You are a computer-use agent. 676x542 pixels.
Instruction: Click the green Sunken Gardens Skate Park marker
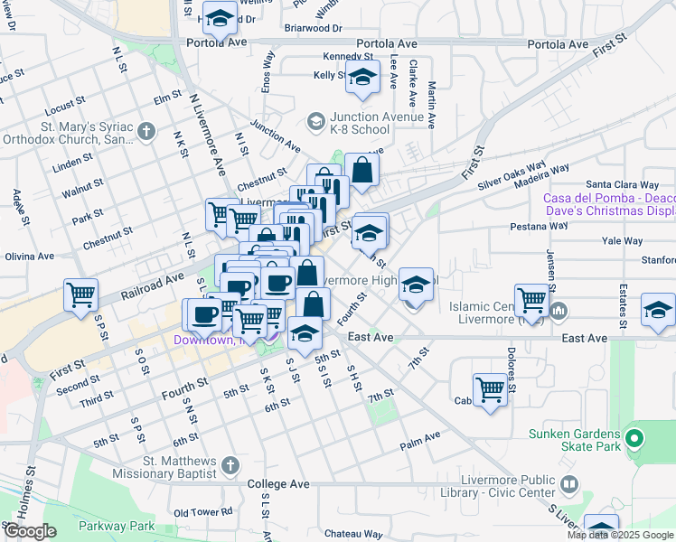(x=634, y=441)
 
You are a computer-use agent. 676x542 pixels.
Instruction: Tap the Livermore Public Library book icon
(x=569, y=484)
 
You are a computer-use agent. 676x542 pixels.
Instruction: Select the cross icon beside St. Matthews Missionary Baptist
(x=230, y=465)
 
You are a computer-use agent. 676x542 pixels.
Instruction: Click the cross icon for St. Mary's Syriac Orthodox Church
(x=146, y=133)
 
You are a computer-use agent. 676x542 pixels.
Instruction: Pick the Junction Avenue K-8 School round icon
(x=315, y=120)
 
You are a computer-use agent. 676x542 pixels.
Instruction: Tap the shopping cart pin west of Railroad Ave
(x=81, y=294)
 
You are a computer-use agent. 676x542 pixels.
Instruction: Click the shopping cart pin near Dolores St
(x=490, y=390)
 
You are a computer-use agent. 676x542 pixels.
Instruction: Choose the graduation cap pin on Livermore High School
(x=416, y=285)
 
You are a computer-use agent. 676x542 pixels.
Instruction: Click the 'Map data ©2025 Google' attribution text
(x=619, y=535)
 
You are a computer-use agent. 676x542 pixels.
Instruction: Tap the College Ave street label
(x=278, y=485)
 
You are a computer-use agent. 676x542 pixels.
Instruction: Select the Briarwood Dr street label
(x=313, y=28)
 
